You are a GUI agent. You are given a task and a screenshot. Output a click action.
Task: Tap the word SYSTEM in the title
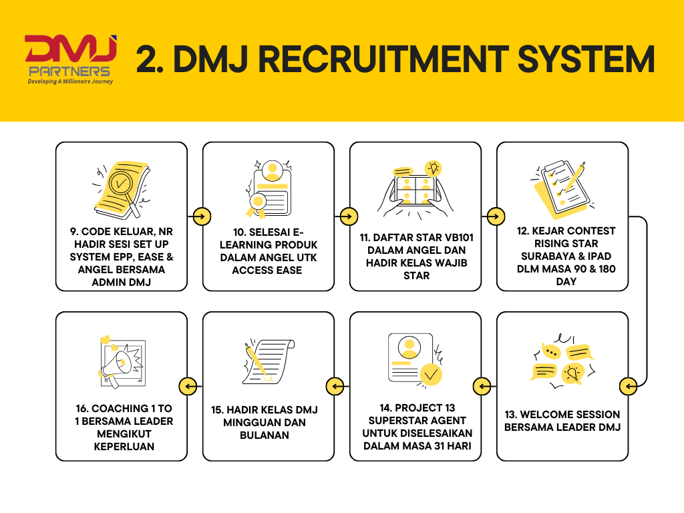[x=581, y=59]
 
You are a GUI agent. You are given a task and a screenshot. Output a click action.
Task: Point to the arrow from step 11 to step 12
[x=495, y=216]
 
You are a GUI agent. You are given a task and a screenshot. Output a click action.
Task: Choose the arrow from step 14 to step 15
[x=335, y=385]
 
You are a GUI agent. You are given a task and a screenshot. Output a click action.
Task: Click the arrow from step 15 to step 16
[x=188, y=385]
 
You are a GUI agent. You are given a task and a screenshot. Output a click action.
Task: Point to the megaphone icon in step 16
[x=121, y=361]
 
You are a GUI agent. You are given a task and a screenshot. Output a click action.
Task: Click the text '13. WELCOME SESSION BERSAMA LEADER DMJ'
[x=562, y=420]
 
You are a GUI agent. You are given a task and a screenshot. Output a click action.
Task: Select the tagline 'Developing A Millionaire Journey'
[x=70, y=81]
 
